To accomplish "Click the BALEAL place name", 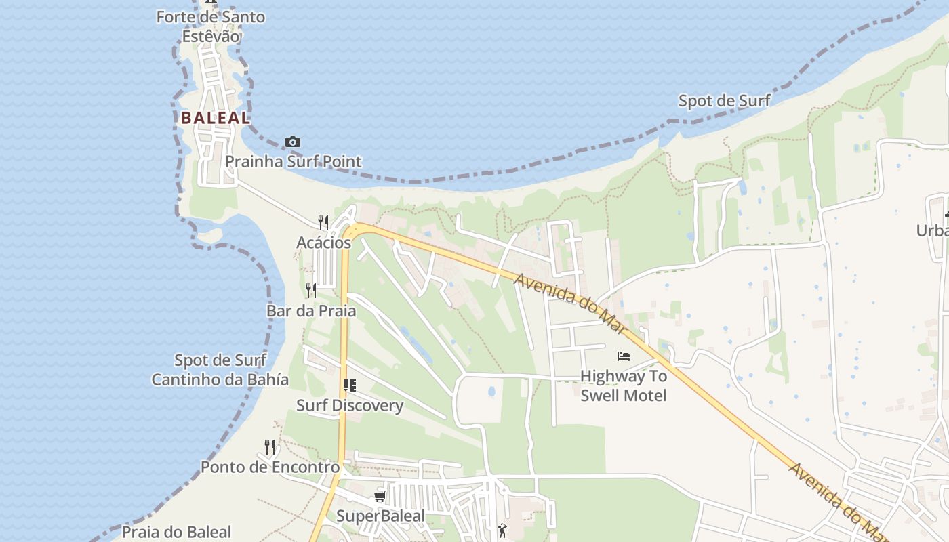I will point(215,117).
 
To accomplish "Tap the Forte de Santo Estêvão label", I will point(210,26).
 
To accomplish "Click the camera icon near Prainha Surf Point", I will point(293,142).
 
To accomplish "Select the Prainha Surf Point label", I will point(293,161).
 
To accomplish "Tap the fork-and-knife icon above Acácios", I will point(323,222).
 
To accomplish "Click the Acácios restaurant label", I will point(323,243).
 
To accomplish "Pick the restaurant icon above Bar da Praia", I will point(310,290).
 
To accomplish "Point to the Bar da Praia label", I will point(310,311).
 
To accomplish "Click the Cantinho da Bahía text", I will point(220,379).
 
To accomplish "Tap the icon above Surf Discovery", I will point(350,385).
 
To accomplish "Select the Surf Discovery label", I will point(350,406).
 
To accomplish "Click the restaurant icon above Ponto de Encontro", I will point(270,446).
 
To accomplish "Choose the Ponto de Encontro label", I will point(270,467).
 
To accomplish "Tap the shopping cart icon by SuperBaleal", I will point(380,497).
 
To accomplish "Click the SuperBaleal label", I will point(380,516).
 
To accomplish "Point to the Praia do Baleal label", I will point(176,532).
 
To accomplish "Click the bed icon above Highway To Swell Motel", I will point(624,356).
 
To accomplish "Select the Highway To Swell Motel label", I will point(624,385).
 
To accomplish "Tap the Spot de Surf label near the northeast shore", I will point(724,101).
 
